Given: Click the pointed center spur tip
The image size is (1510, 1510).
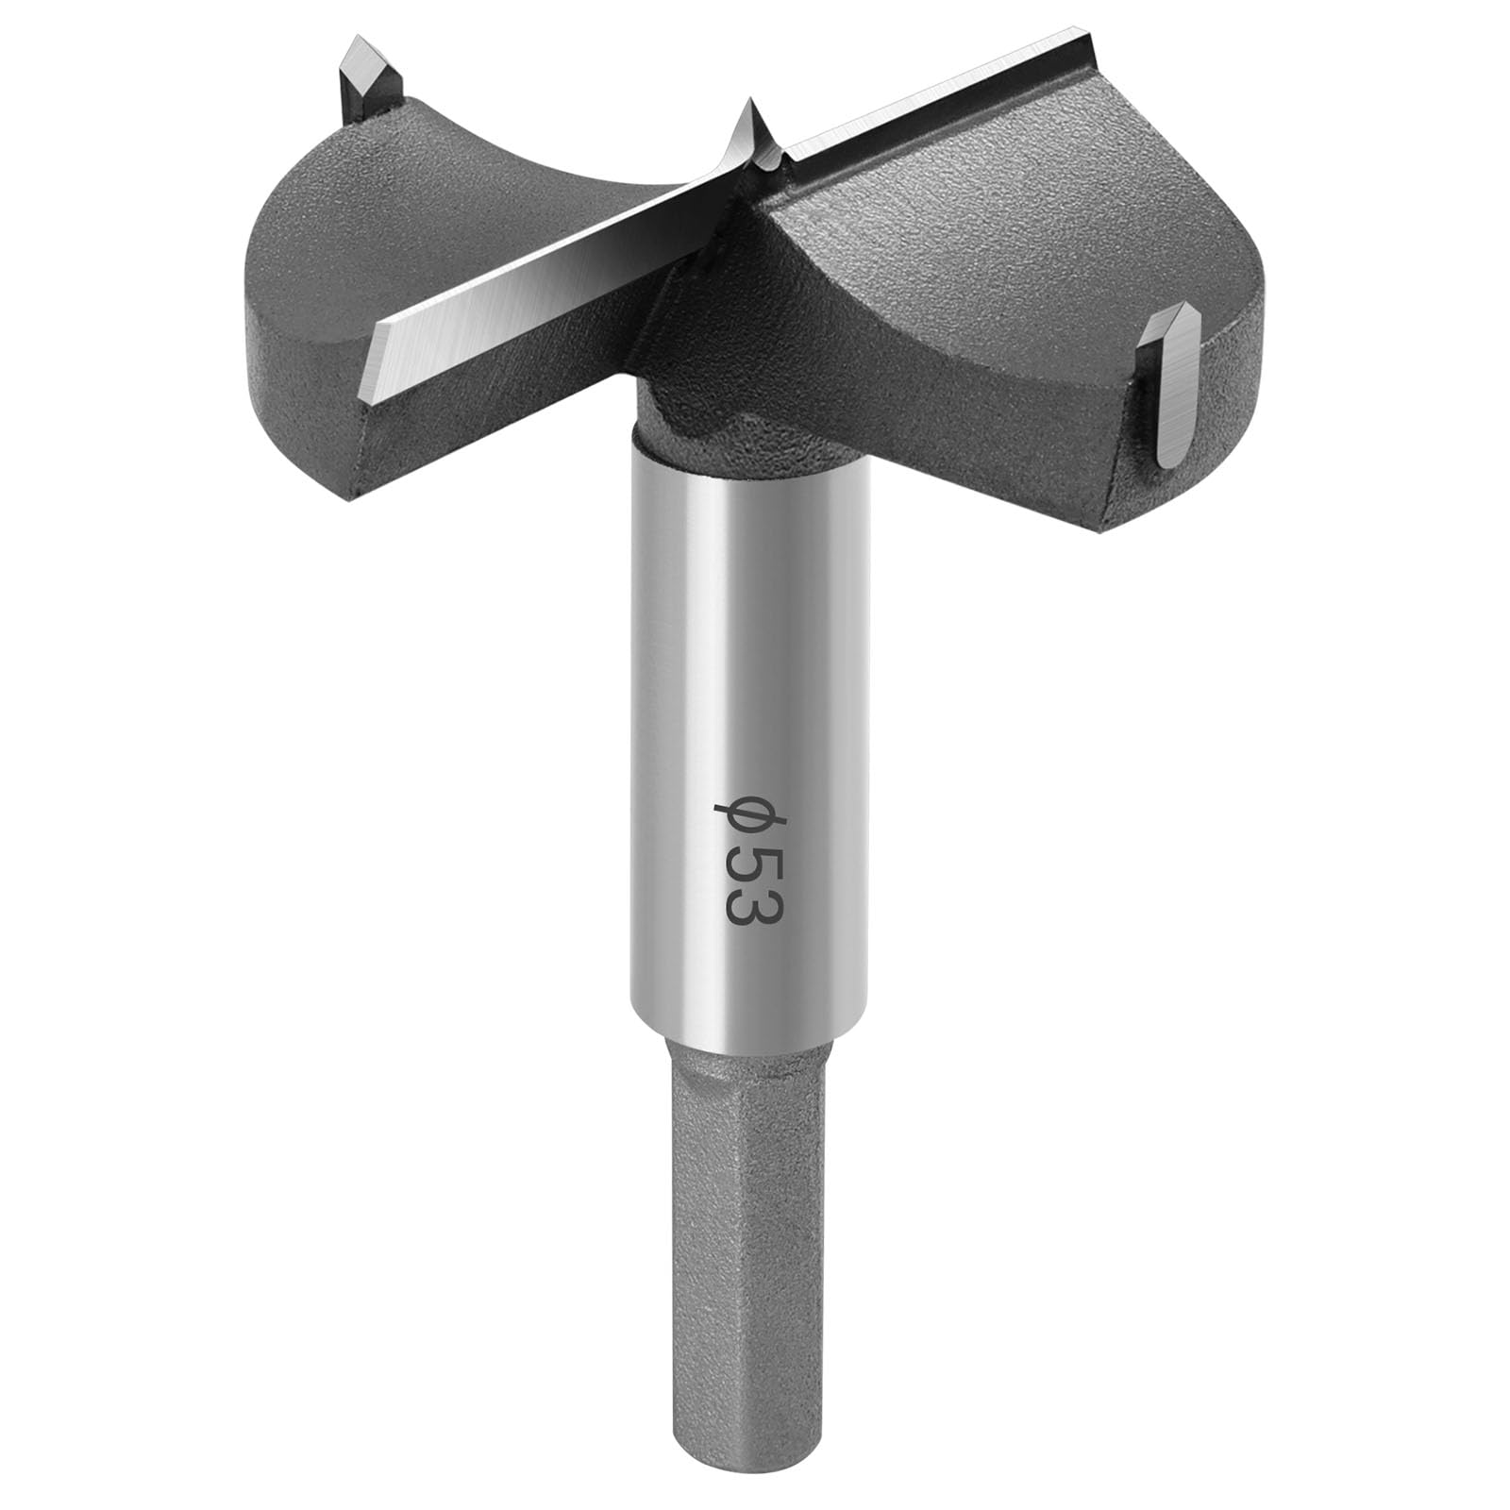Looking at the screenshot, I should (x=751, y=104).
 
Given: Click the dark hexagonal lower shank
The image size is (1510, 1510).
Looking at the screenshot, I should (x=746, y=1227).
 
